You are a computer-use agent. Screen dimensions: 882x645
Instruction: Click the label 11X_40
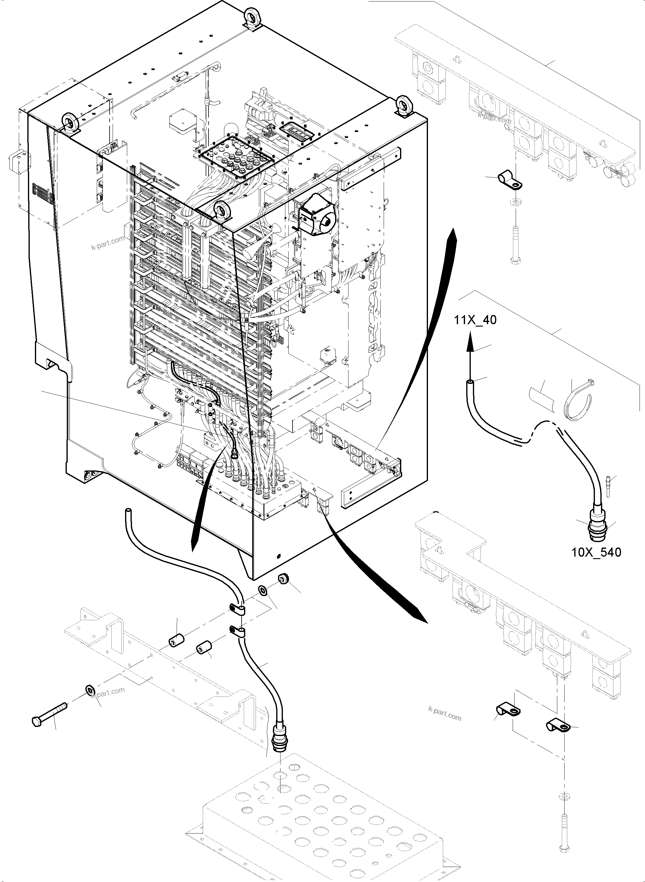pos(475,320)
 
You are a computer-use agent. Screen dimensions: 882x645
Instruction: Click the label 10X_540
pos(596,552)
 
